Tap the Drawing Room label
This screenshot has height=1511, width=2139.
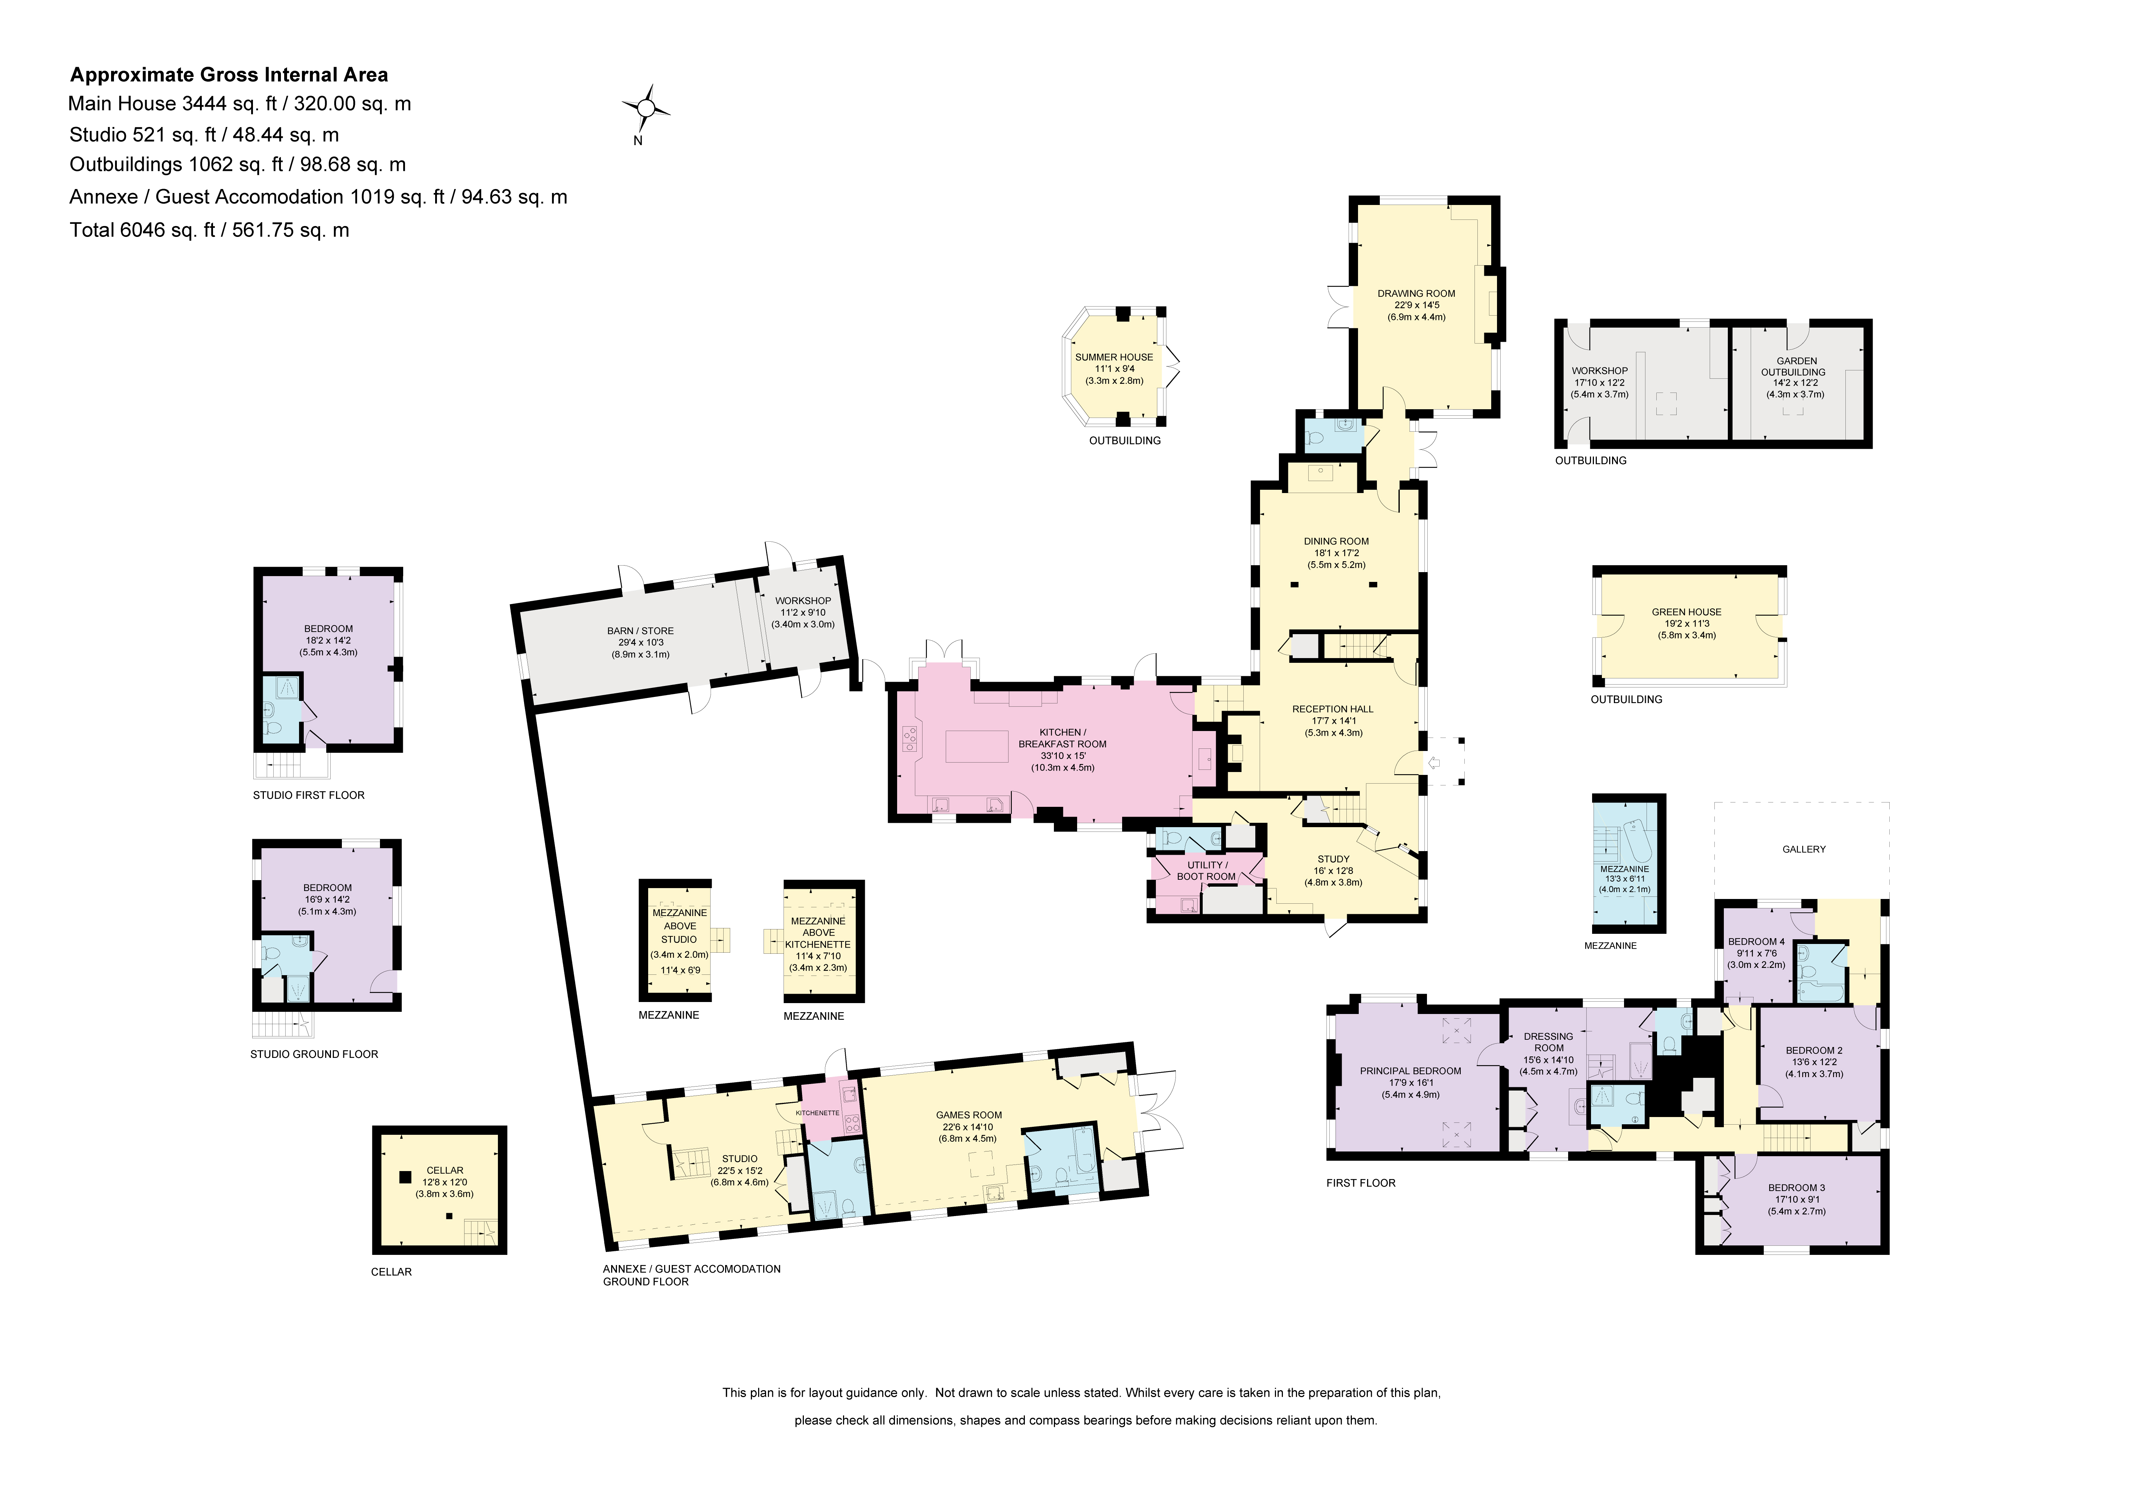[1416, 293]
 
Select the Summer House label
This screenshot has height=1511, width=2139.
[1114, 357]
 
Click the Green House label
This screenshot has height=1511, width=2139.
[1686, 612]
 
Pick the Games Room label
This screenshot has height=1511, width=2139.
[969, 1114]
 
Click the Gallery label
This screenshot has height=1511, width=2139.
[1804, 849]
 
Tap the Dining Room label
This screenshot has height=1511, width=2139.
[1336, 541]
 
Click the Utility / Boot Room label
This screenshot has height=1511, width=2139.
[1206, 871]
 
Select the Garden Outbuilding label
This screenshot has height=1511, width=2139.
[1794, 366]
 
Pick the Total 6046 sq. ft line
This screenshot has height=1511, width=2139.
[210, 230]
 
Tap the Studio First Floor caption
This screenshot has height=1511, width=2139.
[308, 794]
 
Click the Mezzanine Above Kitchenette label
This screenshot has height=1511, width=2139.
[819, 932]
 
